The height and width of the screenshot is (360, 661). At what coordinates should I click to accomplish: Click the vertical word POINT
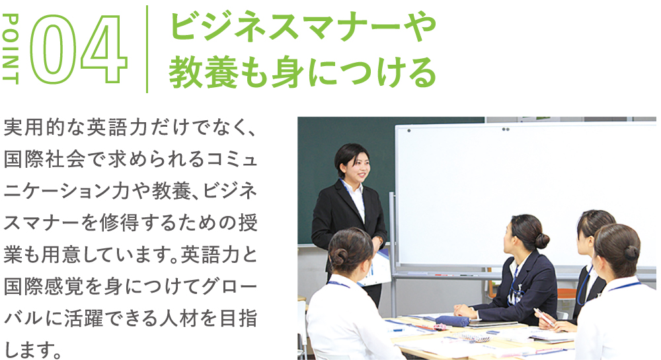[x=10, y=49]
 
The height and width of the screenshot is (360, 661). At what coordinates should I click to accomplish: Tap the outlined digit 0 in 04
[x=53, y=50]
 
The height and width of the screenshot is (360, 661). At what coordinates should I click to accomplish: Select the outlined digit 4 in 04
[x=104, y=50]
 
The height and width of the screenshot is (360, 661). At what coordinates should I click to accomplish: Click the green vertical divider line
[x=147, y=49]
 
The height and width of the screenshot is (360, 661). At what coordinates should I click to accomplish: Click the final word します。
[x=33, y=349]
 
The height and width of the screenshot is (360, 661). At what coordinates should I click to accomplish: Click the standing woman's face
[x=359, y=168]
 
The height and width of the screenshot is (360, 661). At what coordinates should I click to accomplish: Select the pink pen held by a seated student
[x=544, y=316]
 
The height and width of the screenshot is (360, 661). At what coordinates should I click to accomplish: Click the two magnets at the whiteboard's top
[x=506, y=129]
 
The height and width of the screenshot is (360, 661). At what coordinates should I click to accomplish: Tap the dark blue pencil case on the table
[x=452, y=321]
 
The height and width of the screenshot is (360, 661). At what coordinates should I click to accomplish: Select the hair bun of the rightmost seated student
[x=631, y=253]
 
